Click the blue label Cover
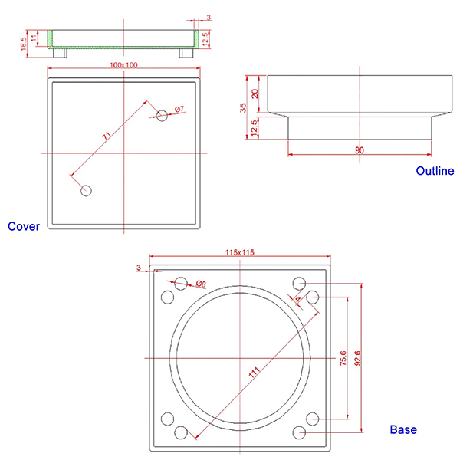pos(23,226)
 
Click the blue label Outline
pos(435,171)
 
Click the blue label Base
pos(403,430)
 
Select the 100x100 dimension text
pos(124,65)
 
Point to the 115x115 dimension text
pos(239,252)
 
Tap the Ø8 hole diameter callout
pos(201,284)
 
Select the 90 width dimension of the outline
pos(360,150)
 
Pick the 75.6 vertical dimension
pos(343,359)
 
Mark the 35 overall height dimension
pos(243,107)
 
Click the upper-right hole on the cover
pos(161,115)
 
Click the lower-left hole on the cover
pos(87,189)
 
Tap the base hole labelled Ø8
pos(181,283)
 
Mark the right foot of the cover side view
pos(186,53)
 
